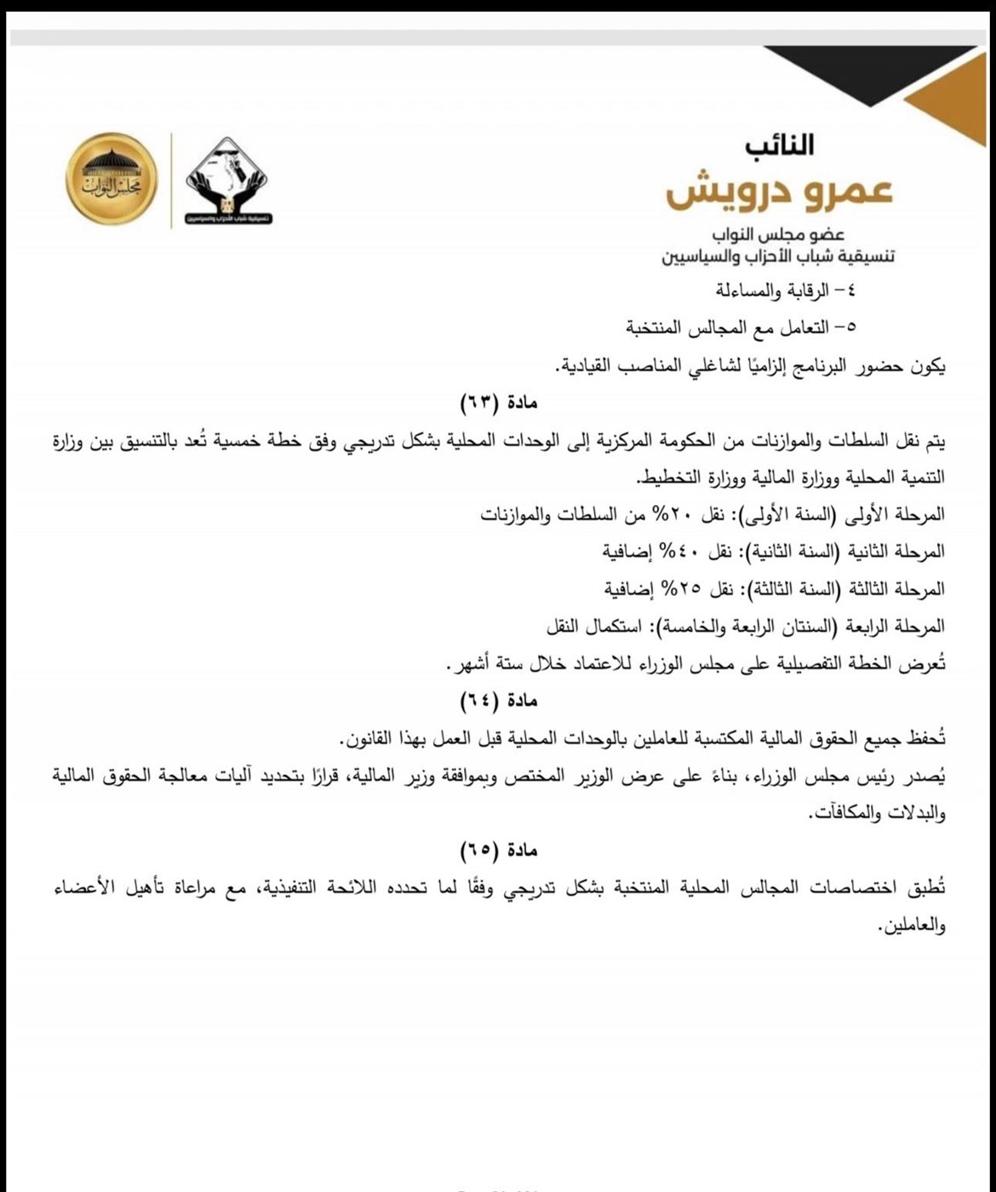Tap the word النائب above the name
[780, 146]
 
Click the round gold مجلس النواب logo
[112, 179]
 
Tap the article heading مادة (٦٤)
[499, 701]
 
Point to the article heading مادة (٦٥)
[499, 851]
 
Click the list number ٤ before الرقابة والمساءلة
[848, 289]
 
